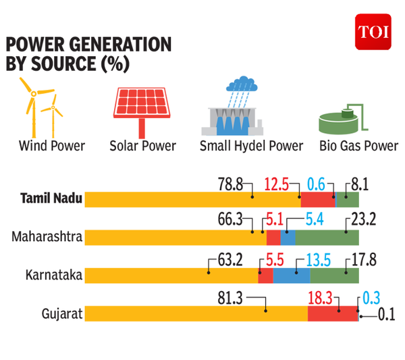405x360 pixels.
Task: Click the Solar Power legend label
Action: (x=142, y=146)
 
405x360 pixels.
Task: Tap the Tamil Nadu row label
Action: (x=51, y=199)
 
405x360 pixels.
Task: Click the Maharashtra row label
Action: (x=47, y=237)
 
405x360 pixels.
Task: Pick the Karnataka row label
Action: (x=53, y=276)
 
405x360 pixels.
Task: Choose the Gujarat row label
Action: (x=61, y=314)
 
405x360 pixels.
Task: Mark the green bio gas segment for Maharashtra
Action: (x=327, y=237)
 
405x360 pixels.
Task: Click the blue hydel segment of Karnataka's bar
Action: (x=292, y=276)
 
